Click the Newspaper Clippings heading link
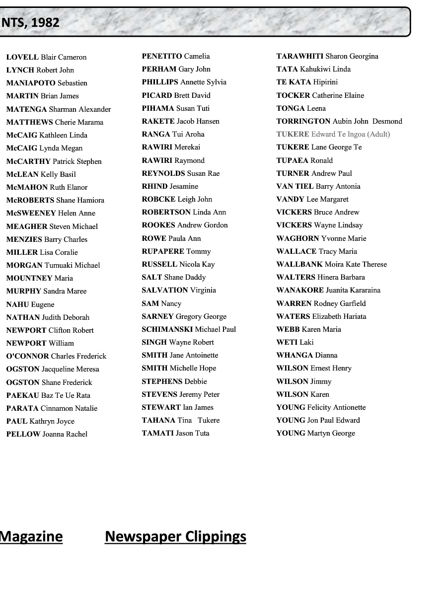tap(175, 537)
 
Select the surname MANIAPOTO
tap(31, 83)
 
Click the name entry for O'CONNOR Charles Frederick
tap(56, 356)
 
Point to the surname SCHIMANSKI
tap(167, 329)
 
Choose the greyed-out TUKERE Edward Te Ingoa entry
tap(333, 134)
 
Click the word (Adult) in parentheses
tap(378, 134)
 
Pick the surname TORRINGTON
tap(303, 121)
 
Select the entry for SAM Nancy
tap(161, 303)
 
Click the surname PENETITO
tap(162, 56)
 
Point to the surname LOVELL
tap(22, 57)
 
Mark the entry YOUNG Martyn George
tap(315, 433)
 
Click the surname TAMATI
tap(158, 433)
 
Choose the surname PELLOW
tap(23, 434)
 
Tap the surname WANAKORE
tap(300, 290)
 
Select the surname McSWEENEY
tap(31, 213)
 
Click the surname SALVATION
tap(165, 290)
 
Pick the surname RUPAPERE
tap(163, 251)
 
